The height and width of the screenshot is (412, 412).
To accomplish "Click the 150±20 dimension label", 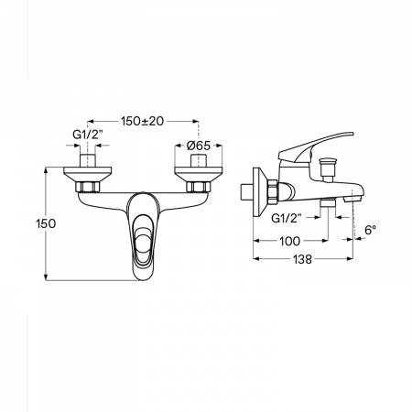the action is pos(143,121).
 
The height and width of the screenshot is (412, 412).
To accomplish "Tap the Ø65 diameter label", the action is pos(199,146).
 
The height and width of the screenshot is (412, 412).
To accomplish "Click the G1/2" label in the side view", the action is pos(287,218).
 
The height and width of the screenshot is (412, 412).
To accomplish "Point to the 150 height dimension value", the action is pos(46,223).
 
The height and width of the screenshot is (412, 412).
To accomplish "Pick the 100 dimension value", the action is pos(290,241).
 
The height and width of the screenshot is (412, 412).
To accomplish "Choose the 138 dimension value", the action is pos(303,259).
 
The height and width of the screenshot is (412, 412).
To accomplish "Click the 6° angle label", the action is pos(370,230).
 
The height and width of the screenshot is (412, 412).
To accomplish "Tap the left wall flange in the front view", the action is pos(88,174).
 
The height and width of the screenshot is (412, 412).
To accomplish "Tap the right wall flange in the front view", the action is pos(199,174).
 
